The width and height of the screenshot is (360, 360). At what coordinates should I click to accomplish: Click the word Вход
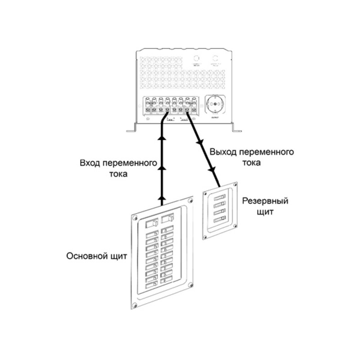(90, 163)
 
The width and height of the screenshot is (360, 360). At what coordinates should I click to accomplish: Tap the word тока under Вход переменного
(117, 174)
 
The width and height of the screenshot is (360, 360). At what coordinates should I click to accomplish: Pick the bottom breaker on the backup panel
(220, 220)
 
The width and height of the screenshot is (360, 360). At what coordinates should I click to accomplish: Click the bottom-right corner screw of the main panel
(192, 285)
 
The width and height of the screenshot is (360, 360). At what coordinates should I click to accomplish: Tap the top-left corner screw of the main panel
(134, 217)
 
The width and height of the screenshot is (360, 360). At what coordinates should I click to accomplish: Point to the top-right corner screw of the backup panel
(234, 184)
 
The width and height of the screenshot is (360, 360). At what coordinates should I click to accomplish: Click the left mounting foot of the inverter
(131, 130)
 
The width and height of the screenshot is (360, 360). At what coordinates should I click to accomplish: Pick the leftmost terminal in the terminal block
(148, 106)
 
